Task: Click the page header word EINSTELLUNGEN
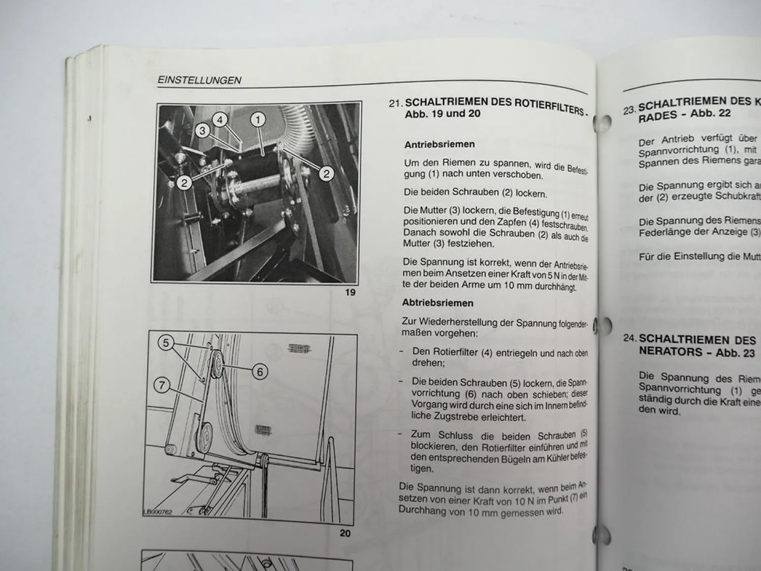(x=199, y=80)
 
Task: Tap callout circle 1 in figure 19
(x=258, y=120)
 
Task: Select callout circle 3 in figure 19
(x=202, y=131)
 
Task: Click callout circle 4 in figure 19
(x=220, y=120)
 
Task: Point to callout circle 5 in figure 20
(x=165, y=343)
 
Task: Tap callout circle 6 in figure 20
(x=260, y=372)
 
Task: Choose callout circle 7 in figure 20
(x=162, y=385)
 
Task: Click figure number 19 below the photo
(x=350, y=292)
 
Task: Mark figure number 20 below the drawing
(x=345, y=533)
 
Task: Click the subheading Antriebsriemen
(x=439, y=145)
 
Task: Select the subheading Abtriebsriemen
(x=437, y=303)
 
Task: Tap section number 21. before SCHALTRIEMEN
(x=396, y=103)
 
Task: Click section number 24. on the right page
(x=630, y=338)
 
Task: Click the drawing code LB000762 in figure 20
(x=158, y=512)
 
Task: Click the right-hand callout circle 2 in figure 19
(x=326, y=174)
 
